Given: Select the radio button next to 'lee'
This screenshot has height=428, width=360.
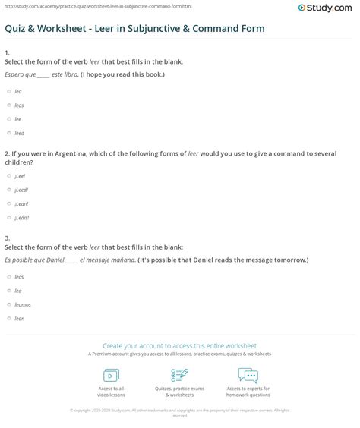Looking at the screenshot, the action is point(8,120).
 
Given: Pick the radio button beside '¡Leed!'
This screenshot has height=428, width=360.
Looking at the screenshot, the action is point(8,189).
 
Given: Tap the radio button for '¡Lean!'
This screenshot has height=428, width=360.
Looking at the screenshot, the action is point(8,203).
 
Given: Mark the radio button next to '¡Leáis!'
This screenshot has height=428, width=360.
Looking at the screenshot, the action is point(8,218).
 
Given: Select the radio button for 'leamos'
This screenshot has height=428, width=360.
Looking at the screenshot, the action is point(8,304).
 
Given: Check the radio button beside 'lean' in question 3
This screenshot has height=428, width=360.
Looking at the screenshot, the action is point(8,318).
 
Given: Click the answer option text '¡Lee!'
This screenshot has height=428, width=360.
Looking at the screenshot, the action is point(20,175).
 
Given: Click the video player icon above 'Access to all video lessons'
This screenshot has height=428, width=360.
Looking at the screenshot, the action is point(111,375).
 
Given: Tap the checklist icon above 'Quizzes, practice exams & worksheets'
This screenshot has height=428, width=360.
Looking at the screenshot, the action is point(180,375).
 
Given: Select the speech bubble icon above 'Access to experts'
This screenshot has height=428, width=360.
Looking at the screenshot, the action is point(248,375).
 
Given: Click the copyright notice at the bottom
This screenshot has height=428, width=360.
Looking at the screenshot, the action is point(180,413).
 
